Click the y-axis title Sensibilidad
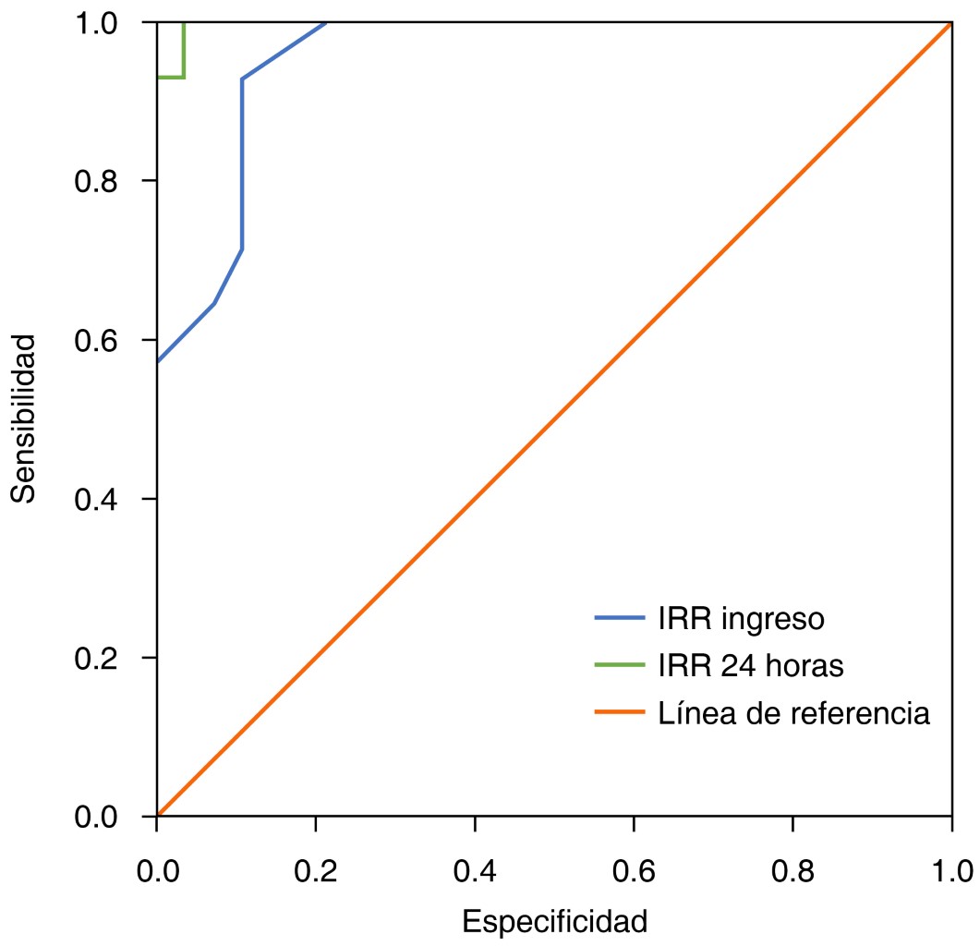click(25, 418)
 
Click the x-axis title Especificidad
click(554, 921)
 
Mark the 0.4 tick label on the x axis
click(475, 870)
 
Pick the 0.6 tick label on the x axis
click(634, 870)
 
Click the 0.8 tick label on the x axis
click(792, 870)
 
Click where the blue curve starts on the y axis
click(158, 361)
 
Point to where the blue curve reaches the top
click(327, 22)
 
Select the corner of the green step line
click(185, 78)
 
